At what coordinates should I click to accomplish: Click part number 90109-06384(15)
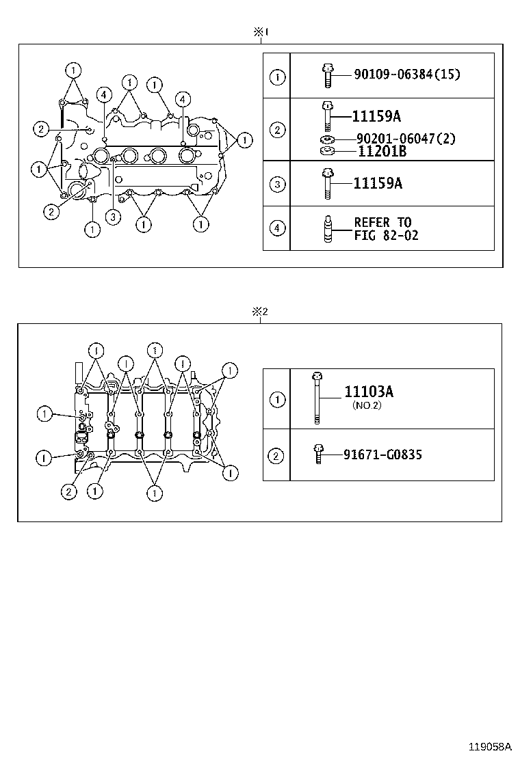point(406,74)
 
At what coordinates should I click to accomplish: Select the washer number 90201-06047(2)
point(406,139)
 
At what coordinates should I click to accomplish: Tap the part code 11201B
point(382,152)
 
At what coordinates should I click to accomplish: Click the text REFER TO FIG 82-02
point(386,229)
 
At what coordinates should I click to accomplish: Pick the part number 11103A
point(368,392)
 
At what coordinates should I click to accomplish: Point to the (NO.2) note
point(367,405)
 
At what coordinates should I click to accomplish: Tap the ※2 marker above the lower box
point(259,312)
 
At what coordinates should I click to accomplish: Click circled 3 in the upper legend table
point(276,184)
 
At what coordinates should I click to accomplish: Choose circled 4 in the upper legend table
point(276,228)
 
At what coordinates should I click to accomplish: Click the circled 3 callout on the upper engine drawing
point(113,217)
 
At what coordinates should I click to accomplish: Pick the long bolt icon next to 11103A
point(317,398)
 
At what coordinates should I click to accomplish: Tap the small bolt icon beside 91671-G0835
point(318,454)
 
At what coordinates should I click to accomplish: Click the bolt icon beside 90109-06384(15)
point(326,74)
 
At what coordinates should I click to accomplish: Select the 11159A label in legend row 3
point(377,183)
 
